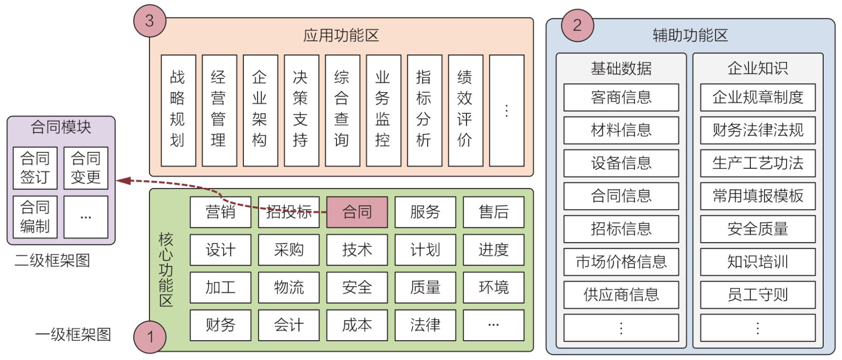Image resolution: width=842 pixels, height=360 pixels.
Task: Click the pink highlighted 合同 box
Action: coord(357,212)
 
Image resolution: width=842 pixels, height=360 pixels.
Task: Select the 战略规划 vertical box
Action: coord(178,110)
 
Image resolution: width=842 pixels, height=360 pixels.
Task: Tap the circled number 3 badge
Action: coord(149,21)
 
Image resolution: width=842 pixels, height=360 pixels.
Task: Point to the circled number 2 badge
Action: coord(577,25)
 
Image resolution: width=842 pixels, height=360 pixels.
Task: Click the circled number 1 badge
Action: coord(150,337)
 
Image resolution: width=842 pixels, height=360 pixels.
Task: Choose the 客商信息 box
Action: coord(621,97)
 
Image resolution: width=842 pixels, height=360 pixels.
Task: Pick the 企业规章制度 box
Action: coord(757,97)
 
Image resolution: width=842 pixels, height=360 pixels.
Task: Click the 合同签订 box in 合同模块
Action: coord(35,168)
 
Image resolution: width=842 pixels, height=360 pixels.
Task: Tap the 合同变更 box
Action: coord(86,168)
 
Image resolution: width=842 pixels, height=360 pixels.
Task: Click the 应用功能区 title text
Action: coord(341,35)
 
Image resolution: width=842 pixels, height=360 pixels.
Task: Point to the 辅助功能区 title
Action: coord(690,35)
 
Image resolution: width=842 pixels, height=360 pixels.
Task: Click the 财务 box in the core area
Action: coord(220,325)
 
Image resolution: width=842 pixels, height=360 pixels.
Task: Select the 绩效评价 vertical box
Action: coord(465,110)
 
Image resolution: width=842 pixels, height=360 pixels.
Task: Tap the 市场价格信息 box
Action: coord(621,262)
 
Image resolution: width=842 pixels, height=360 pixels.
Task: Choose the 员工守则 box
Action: coord(757,295)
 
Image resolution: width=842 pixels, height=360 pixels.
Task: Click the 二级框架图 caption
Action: coord(52,260)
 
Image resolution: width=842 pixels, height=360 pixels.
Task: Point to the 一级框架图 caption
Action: coord(73,335)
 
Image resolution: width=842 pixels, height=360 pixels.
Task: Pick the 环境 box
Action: coord(493,287)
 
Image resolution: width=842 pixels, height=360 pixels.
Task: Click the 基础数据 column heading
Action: coord(621,69)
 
